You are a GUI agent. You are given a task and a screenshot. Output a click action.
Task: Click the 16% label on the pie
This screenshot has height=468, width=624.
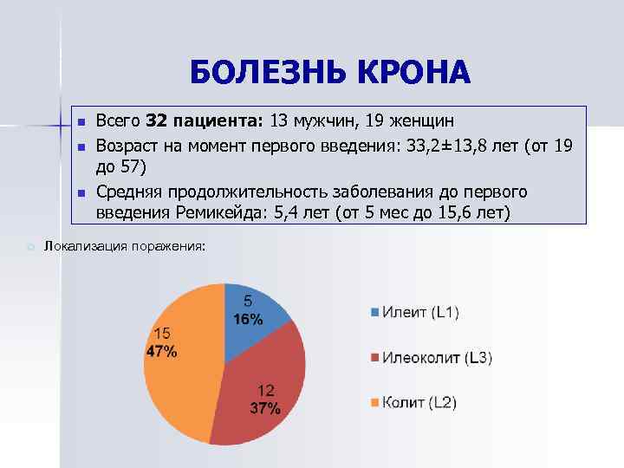248,319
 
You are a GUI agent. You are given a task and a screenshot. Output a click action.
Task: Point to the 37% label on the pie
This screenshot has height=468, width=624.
264,409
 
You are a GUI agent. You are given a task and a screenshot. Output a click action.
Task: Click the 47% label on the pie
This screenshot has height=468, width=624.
161,351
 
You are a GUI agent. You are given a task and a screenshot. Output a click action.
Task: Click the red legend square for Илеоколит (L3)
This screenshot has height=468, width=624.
374,357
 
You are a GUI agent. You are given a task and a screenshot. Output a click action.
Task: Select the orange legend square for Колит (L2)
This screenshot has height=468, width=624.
374,402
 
